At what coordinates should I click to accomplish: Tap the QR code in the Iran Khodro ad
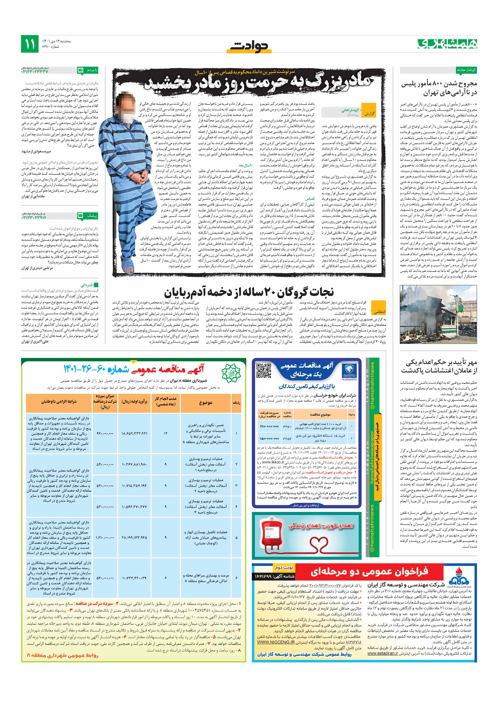pyautogui.click(x=263, y=371)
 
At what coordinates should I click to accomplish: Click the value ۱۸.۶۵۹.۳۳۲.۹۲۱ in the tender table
pyautogui.click(x=134, y=433)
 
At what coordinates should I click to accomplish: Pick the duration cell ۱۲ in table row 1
pyautogui.click(x=166, y=433)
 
